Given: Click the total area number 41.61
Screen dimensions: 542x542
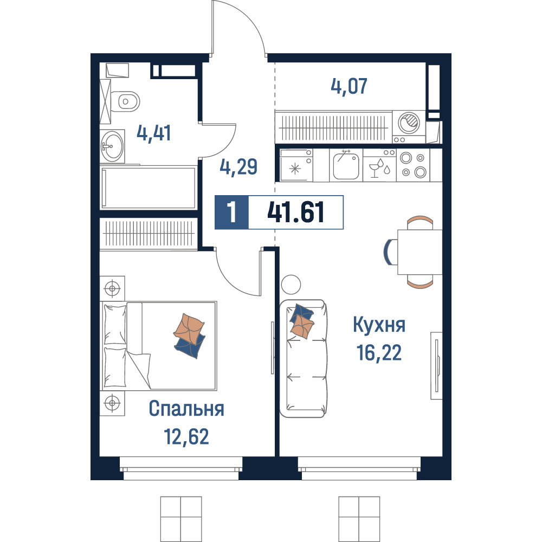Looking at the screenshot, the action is pyautogui.click(x=296, y=212).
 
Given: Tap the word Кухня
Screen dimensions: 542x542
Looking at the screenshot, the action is pyautogui.click(x=379, y=325).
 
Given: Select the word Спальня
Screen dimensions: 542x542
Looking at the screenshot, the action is pyautogui.click(x=186, y=409).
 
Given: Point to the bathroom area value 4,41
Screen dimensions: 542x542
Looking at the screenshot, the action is pyautogui.click(x=153, y=133).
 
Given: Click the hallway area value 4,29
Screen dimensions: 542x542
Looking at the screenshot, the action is pyautogui.click(x=238, y=166).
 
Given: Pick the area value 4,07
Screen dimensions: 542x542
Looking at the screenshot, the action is pyautogui.click(x=349, y=86).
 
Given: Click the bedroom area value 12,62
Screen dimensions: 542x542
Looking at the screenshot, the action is pyautogui.click(x=186, y=436).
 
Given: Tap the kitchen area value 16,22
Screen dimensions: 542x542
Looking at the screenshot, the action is pyautogui.click(x=379, y=353).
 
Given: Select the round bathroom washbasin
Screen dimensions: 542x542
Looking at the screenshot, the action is pyautogui.click(x=112, y=146).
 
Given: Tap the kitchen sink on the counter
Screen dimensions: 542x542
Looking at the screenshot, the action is pyautogui.click(x=346, y=166).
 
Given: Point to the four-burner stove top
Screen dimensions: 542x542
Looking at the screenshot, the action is pyautogui.click(x=413, y=165).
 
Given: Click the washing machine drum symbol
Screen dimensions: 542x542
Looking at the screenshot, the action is pyautogui.click(x=409, y=122).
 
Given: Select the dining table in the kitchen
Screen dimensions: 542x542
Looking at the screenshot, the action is pyautogui.click(x=420, y=252).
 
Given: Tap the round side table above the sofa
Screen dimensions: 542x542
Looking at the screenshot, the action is pyautogui.click(x=291, y=285).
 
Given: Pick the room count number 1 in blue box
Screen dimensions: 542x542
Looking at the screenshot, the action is pyautogui.click(x=231, y=212).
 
